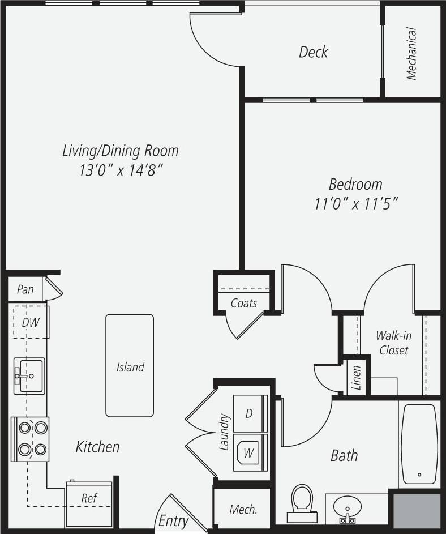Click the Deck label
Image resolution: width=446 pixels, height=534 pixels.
click(313, 52)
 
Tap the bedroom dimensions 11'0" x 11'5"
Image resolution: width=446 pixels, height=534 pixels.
click(356, 204)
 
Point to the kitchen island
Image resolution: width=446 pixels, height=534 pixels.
click(130, 366)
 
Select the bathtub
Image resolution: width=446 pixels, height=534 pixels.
click(419, 443)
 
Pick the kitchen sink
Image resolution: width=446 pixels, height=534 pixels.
click(29, 375)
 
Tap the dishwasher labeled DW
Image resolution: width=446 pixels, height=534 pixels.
click(31, 322)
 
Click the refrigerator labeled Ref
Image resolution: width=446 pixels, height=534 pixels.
click(89, 499)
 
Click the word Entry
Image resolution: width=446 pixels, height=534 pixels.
click(173, 520)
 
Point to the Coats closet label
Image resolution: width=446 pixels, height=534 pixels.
click(244, 303)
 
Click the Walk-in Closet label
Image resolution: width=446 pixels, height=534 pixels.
click(393, 343)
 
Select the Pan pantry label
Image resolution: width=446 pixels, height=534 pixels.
click(25, 289)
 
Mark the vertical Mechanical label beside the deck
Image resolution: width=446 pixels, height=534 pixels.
click(411, 53)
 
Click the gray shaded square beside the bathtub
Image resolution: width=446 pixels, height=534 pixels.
click(417, 511)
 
